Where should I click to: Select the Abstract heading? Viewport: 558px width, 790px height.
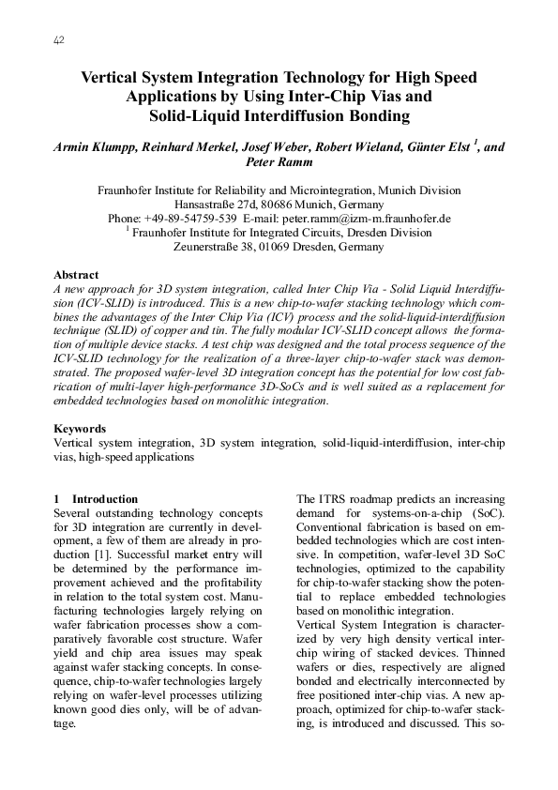point(77,275)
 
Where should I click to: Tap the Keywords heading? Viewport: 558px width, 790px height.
point(81,428)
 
